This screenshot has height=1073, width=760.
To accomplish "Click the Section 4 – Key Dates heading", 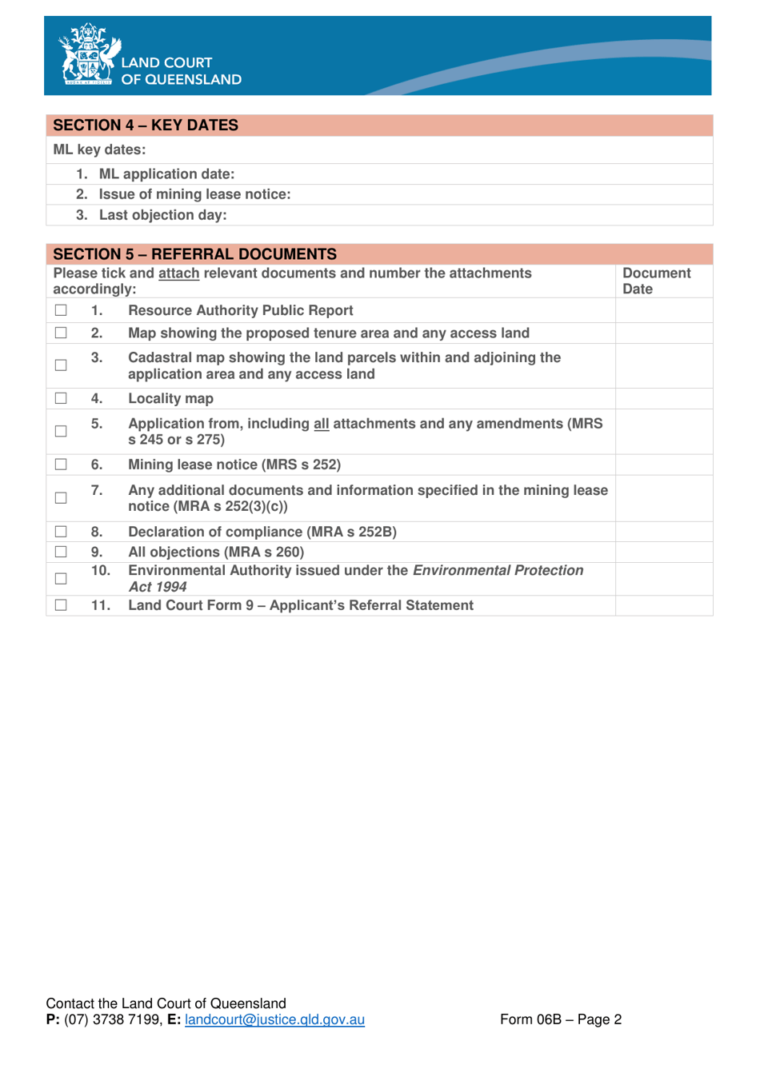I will pos(146,126).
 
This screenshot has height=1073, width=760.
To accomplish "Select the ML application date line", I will pos(166,174).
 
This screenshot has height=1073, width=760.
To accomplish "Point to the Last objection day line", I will pos(162,215).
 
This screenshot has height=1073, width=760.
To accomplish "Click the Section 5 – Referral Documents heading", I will pos(194,254).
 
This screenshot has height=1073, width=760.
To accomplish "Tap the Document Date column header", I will pos(656,281).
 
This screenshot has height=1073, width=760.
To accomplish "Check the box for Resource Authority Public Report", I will pos(61,310).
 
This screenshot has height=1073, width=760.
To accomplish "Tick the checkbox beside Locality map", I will pos(61,398).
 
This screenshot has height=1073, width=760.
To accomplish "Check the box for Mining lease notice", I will pos(61,465).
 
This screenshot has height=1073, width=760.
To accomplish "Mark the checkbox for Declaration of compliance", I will pos(61,532).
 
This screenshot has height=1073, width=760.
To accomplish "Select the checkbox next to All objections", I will pos(61,552).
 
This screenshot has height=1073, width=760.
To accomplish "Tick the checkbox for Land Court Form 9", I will pos(61,605).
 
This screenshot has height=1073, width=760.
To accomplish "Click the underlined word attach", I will pos(178,273).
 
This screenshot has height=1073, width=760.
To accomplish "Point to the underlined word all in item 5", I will pos(321,424).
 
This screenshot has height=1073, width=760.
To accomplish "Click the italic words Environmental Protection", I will pos(498,571).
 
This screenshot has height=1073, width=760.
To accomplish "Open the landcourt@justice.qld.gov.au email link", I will pos(274,1019).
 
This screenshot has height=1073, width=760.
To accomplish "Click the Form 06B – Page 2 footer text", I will pos(560,1019).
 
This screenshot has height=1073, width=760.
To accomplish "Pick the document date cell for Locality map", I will pos(663,398).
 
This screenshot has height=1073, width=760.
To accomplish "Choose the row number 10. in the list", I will pos(100,571).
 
